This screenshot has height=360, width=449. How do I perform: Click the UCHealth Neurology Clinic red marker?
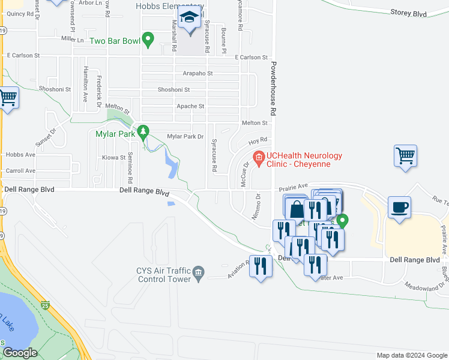pyautogui.click(x=259, y=159)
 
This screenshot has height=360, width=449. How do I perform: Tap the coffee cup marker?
pyautogui.click(x=400, y=208)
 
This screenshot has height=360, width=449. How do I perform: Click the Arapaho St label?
pyautogui.click(x=198, y=73)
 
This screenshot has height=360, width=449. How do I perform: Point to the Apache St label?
pyautogui.click(x=190, y=106)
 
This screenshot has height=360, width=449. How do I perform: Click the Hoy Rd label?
pyautogui.click(x=258, y=140)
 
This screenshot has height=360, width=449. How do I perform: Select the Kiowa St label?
pyautogui.click(x=113, y=158)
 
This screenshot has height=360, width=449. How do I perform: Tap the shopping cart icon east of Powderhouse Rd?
pyautogui.click(x=405, y=157)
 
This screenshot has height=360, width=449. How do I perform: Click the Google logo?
pyautogui.click(x=20, y=353)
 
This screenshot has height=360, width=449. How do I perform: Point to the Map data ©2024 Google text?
pyautogui.click(x=411, y=355)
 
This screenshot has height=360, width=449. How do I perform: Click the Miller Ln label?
pyautogui.click(x=72, y=39)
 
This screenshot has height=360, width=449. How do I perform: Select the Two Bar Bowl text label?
pyautogui.click(x=115, y=41)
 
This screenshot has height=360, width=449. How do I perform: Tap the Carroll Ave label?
pyautogui.click(x=18, y=171)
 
